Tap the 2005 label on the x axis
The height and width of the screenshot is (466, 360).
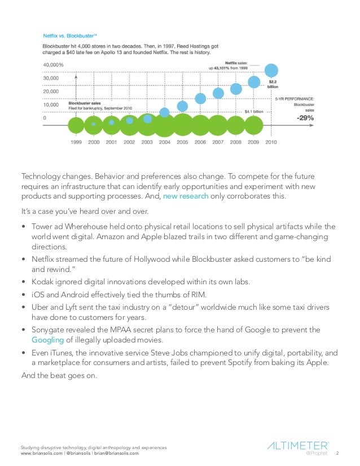coord(182,142)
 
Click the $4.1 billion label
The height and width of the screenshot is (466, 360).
coord(254,112)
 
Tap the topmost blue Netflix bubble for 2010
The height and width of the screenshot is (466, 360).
coord(271,71)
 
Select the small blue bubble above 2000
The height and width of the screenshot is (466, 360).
coord(94,124)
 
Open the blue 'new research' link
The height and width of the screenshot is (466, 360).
coord(186,196)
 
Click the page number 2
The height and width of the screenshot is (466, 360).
coord(337,452)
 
